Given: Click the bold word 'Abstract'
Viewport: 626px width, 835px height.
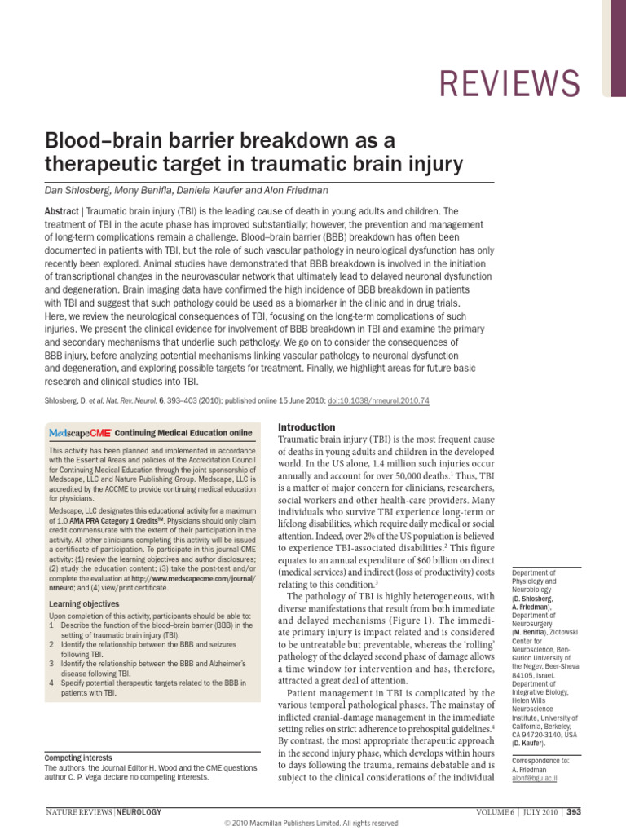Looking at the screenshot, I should (x=61, y=210).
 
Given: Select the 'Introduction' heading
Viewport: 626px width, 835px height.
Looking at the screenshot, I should (x=306, y=427).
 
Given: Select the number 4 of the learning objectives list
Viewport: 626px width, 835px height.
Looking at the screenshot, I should (x=51, y=682).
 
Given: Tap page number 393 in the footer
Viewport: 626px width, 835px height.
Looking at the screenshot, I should (x=574, y=811).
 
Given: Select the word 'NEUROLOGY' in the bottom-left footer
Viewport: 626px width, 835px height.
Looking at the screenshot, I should (x=140, y=811).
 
